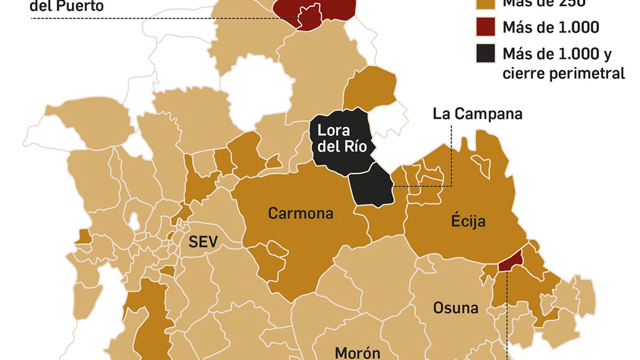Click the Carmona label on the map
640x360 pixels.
[x=300, y=213]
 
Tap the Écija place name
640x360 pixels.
[x=468, y=221]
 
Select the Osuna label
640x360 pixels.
[x=456, y=308]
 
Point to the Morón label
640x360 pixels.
[x=357, y=353]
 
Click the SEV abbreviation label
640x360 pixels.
[x=203, y=242]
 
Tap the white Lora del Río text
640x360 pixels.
[x=342, y=138]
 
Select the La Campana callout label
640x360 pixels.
[x=477, y=114]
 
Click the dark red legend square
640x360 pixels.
[x=486, y=27]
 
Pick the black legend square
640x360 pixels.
[x=486, y=53]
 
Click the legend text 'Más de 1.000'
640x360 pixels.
[x=550, y=27]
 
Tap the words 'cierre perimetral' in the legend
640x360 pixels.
[x=563, y=74]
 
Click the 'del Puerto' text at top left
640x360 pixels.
[x=67, y=6]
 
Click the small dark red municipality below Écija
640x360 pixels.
[x=511, y=259]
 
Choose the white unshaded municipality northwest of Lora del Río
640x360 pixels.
[x=258, y=90]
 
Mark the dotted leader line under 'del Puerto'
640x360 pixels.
[x=160, y=18]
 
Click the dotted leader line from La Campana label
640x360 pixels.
[x=452, y=160]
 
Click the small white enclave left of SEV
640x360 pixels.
[x=134, y=221]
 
